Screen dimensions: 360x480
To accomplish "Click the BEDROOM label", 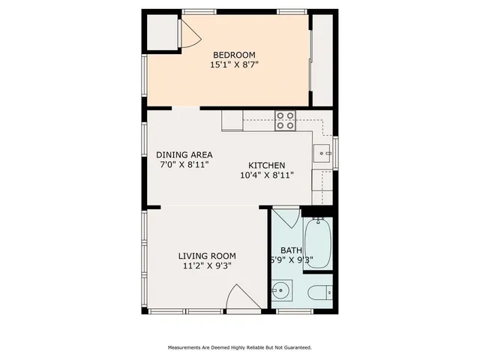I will pos(234,55).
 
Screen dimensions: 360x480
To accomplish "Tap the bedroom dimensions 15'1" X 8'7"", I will pos(234,65).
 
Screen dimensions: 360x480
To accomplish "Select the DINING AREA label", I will pos(183,154).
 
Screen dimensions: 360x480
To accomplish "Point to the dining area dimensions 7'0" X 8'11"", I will pos(183,164).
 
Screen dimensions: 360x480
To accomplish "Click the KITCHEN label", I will pos(266,166).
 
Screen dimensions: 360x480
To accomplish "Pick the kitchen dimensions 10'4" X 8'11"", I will pos(266,175).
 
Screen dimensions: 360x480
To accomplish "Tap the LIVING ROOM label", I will pos(207,255).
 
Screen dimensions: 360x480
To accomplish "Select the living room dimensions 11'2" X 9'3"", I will pos(207,265).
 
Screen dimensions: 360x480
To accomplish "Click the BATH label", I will pos(291,250).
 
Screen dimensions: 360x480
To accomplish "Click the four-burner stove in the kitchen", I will pos(285,121).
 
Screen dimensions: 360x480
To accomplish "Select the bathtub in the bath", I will pos(318,244).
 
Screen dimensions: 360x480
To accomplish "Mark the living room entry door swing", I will pos(238,298).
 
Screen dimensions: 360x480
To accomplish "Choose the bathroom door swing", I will pos(285,217).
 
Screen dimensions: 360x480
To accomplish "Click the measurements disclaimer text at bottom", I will pos(239,347).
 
